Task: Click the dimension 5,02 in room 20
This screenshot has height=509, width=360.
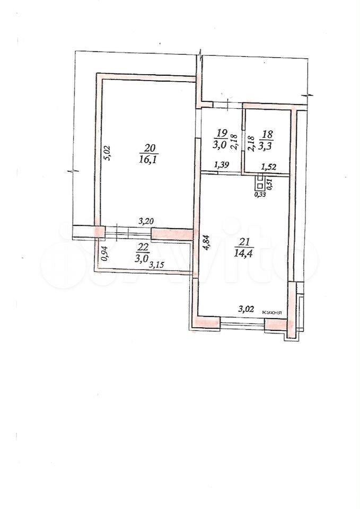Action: (108, 153)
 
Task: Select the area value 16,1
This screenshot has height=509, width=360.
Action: (149, 160)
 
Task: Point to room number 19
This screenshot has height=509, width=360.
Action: (222, 133)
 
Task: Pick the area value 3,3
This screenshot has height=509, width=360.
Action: (266, 145)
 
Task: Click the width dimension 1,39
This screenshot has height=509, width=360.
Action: (222, 165)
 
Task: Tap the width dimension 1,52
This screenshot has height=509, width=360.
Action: (268, 167)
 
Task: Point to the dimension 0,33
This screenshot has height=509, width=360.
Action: (259, 195)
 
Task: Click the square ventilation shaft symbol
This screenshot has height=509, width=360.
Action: (259, 186)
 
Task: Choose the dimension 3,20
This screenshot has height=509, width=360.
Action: (146, 222)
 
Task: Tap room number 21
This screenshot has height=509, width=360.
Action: (244, 242)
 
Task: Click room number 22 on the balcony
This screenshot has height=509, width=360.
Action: (144, 248)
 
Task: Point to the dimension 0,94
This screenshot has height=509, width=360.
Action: (104, 254)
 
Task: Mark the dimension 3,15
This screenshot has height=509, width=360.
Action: (156, 265)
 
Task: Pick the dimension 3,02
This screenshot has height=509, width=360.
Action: (246, 309)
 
